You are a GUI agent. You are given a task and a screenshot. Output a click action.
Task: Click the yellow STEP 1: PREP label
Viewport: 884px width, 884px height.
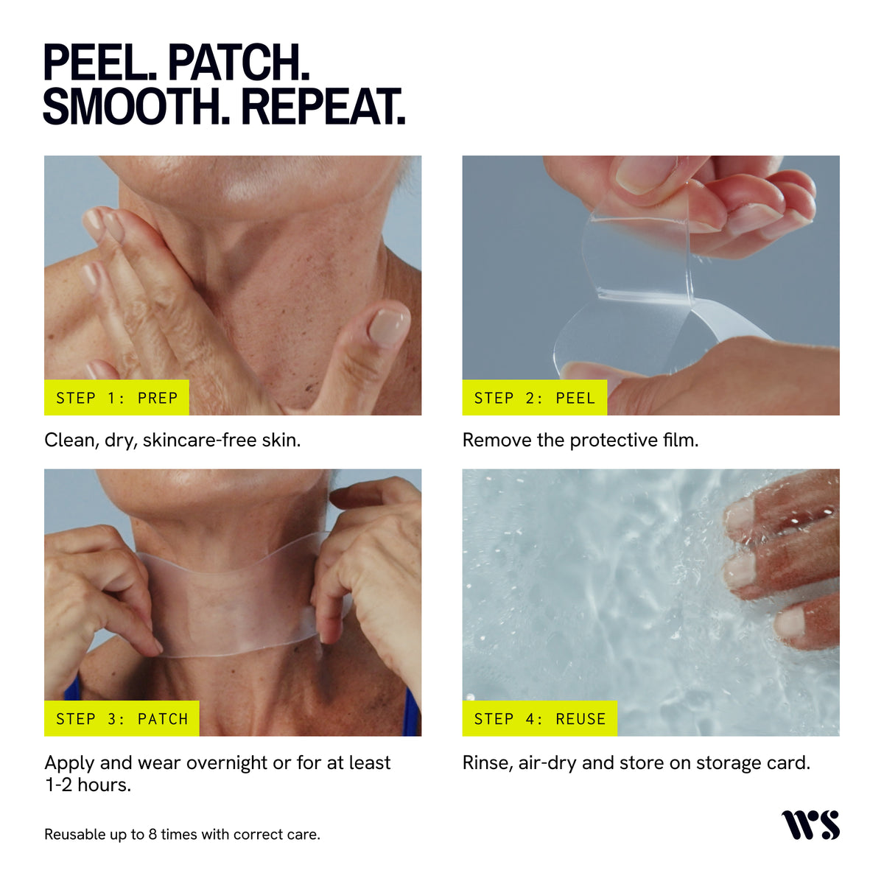116,397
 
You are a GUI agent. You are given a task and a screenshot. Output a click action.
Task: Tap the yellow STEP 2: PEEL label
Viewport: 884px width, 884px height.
534,397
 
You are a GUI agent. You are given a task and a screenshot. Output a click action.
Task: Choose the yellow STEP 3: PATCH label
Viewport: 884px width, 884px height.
122,718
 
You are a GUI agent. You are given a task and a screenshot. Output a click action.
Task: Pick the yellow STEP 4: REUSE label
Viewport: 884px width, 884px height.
539,718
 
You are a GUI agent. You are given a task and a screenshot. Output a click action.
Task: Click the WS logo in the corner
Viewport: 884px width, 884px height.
810,825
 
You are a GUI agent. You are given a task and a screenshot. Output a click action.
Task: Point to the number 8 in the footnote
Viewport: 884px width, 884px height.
152,834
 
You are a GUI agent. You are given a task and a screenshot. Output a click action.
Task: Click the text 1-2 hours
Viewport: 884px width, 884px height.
88,785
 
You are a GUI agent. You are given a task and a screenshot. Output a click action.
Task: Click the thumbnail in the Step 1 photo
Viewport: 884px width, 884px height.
389,326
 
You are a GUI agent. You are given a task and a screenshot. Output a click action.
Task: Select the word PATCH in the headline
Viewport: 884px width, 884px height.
239,63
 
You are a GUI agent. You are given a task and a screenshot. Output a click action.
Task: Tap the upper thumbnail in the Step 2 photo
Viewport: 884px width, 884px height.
646,173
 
